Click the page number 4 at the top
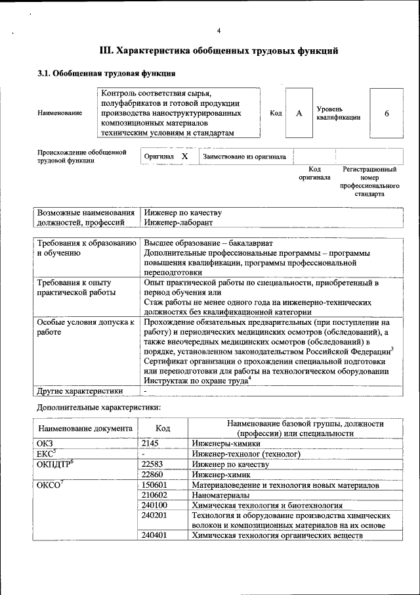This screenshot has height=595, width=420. (x=219, y=31)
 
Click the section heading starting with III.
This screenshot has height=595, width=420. (x=219, y=50)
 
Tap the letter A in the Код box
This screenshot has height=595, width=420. (x=299, y=113)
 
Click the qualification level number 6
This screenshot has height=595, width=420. (x=387, y=113)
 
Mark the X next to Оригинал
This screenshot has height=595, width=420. (x=184, y=157)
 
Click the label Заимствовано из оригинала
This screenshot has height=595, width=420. (x=244, y=157)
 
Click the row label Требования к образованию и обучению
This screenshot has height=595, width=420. (x=87, y=248)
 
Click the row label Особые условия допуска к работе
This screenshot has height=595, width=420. (x=87, y=327)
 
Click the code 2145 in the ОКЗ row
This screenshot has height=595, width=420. (x=150, y=444)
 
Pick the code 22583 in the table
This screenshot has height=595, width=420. (x=152, y=464)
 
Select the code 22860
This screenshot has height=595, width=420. (x=152, y=474)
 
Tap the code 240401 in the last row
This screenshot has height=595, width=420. (x=154, y=536)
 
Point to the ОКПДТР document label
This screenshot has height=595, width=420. (x=54, y=464)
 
